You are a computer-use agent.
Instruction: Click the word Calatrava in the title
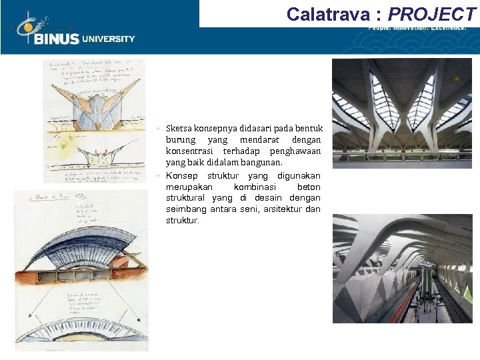coord(327,14)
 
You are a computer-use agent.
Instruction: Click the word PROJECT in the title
coord(433,14)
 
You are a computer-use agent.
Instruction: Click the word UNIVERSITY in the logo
coord(108,39)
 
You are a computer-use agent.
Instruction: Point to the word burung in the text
coord(180,140)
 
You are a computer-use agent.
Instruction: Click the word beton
coord(308,187)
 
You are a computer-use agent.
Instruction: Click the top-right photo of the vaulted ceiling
coord(401,112)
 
